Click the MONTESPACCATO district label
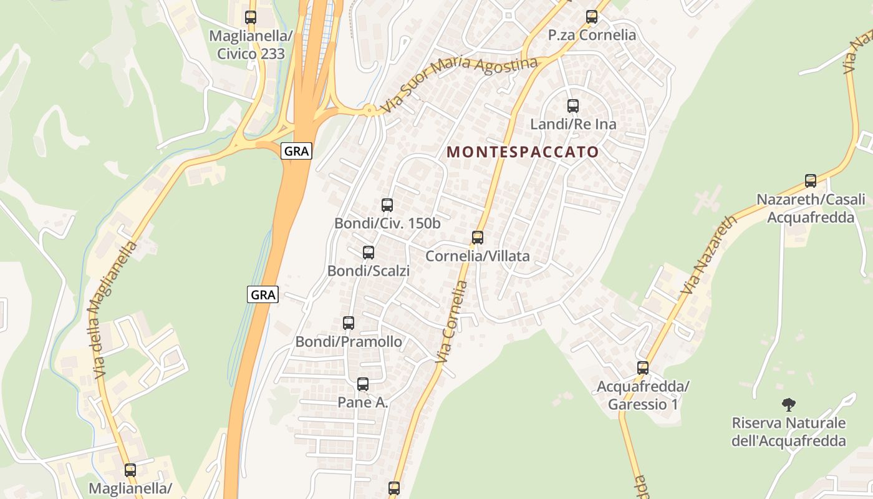click(523, 152)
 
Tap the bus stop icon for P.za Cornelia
click(592, 17)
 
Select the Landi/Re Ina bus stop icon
click(573, 106)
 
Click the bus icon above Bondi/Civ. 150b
click(387, 205)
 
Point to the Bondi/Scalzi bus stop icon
click(369, 253)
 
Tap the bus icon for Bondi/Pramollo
click(349, 323)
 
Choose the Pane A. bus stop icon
click(363, 384)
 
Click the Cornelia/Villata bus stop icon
click(478, 238)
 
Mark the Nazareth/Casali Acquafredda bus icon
click(811, 181)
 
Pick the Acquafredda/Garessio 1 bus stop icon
click(643, 368)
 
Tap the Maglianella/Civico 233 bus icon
click(251, 17)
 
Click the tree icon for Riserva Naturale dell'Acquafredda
click(789, 405)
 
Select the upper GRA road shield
click(296, 151)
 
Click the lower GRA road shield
click(263, 294)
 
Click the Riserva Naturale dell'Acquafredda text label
click(789, 432)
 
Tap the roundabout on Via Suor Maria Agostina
click(370, 110)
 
